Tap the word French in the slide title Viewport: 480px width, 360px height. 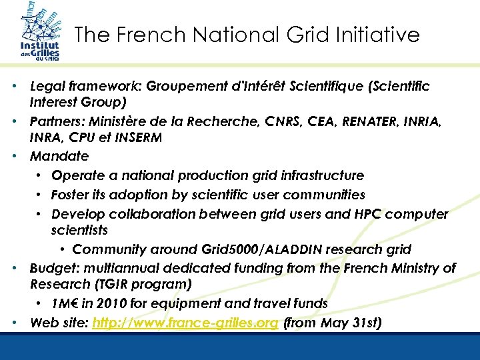(151, 35)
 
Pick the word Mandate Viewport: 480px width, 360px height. (59, 157)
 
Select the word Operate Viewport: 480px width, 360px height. (76, 175)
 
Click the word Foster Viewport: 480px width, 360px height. (71, 195)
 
